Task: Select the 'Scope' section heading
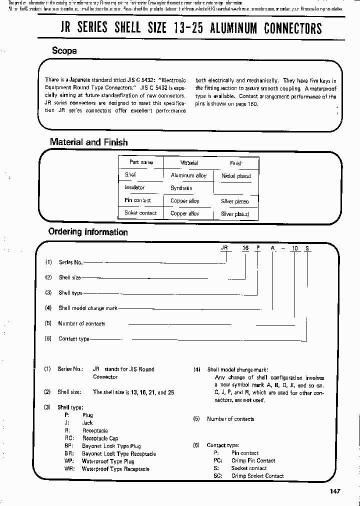click(64, 50)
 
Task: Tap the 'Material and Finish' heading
click(88, 142)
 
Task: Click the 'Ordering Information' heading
click(87, 232)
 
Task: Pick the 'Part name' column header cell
click(141, 162)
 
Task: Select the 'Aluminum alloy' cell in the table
click(188, 175)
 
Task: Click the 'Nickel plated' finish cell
click(236, 176)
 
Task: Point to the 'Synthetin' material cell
click(181, 188)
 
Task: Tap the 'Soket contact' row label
click(140, 213)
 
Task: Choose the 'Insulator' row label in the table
click(134, 187)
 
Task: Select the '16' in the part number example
click(245, 248)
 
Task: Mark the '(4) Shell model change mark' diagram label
click(87, 308)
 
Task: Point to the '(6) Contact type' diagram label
click(73, 338)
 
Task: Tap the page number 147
click(335, 491)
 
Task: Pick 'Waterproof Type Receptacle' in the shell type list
click(115, 469)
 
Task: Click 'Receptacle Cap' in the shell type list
click(100, 438)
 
